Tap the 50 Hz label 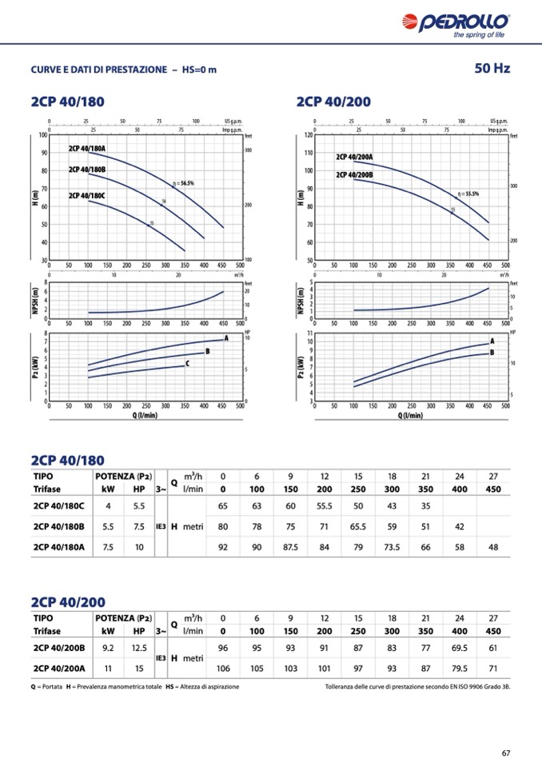pyautogui.click(x=492, y=69)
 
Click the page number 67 pyautogui.click(x=506, y=753)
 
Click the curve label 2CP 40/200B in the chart pyautogui.click(x=354, y=175)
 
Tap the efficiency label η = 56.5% pyautogui.click(x=183, y=183)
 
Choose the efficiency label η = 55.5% pyautogui.click(x=468, y=194)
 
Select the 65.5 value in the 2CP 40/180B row pyautogui.click(x=358, y=526)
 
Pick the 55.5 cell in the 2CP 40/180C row pyautogui.click(x=325, y=506)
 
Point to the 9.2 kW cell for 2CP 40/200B pyautogui.click(x=109, y=647)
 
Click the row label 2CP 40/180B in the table pyautogui.click(x=59, y=526)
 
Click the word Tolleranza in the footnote pyautogui.click(x=341, y=687)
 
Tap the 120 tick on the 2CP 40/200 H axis pyautogui.click(x=309, y=134)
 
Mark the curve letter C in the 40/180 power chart pyautogui.click(x=187, y=364)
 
